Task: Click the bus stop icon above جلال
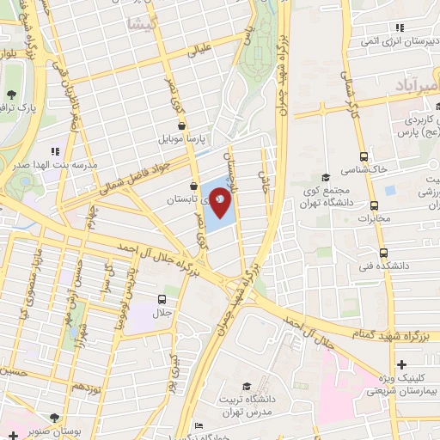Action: (x=162, y=299)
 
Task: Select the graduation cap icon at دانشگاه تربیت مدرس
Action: (x=247, y=387)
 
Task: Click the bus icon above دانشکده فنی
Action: (x=383, y=253)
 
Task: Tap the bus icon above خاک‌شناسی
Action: (x=364, y=156)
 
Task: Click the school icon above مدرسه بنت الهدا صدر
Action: (x=55, y=150)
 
